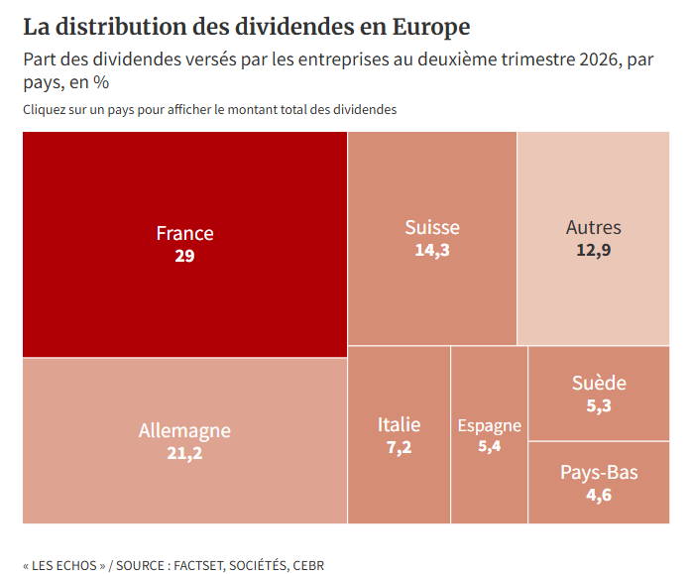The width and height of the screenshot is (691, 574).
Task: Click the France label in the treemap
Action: [184, 233]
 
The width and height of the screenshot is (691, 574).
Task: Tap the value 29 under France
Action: [184, 256]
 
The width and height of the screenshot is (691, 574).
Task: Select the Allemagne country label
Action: [184, 431]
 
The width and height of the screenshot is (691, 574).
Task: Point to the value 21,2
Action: [184, 453]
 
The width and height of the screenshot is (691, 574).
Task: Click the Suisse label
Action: [432, 227]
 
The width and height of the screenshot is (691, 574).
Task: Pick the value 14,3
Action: [432, 250]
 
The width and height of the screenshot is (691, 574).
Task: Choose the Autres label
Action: [594, 227]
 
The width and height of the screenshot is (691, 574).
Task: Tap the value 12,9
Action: [594, 250]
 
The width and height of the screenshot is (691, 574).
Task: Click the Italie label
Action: [400, 424]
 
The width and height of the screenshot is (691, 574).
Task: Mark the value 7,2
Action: [400, 447]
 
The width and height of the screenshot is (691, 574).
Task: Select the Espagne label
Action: [490, 426]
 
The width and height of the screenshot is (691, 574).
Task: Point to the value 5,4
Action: [490, 446]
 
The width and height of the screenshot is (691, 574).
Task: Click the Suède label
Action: [599, 383]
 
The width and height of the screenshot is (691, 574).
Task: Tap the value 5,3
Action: [599, 405]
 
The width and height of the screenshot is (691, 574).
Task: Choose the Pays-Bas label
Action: [599, 472]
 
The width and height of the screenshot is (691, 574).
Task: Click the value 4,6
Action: [599, 495]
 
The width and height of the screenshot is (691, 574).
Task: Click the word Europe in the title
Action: [431, 28]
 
